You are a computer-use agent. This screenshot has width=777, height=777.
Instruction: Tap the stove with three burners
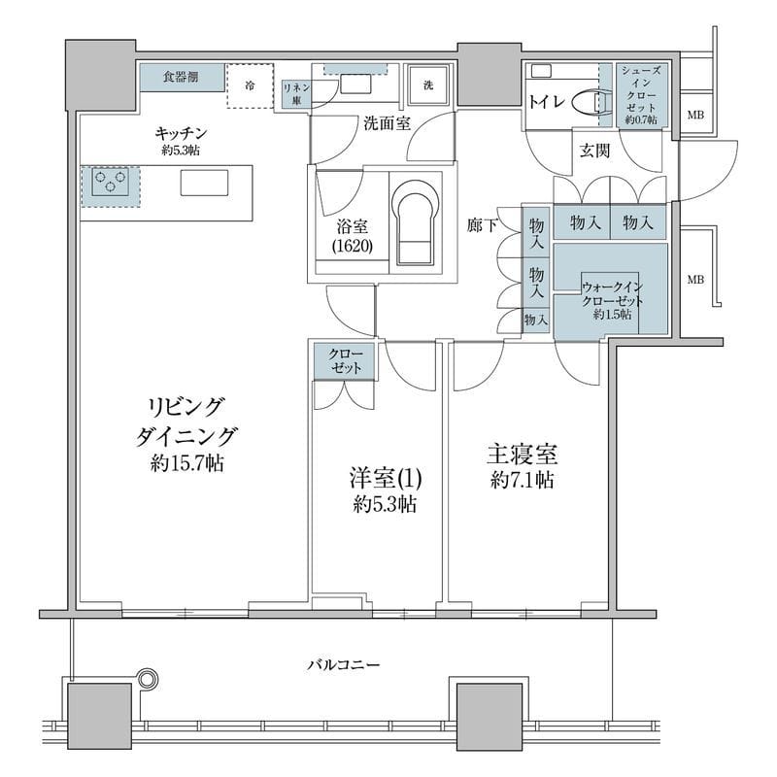tap(110, 183)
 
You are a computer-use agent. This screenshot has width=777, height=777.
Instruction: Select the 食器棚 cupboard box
tap(181, 77)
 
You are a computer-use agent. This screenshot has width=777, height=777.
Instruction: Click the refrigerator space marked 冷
tap(251, 86)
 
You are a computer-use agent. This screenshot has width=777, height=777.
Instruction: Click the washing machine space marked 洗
tap(427, 85)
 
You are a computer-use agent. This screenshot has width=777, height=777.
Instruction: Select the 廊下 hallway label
tap(483, 223)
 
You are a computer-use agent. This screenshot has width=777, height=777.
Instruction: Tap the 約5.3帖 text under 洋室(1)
tap(386, 504)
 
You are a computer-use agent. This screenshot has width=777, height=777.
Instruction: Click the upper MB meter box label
tap(695, 117)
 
